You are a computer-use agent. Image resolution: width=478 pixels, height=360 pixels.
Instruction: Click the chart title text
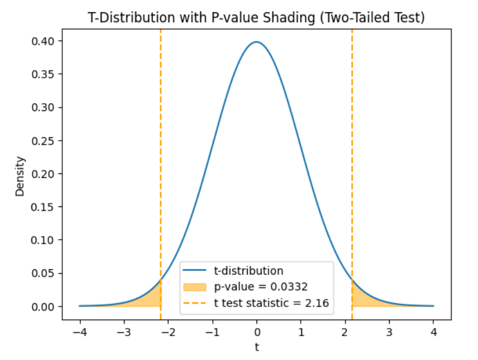point(256,18)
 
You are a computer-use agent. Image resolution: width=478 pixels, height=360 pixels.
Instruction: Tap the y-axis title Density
point(20,175)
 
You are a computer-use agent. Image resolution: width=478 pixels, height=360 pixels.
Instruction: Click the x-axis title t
point(256,347)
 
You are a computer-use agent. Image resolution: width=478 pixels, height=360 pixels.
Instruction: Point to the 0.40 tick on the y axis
point(42,41)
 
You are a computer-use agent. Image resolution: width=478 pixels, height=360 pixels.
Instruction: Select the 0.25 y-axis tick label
point(42,141)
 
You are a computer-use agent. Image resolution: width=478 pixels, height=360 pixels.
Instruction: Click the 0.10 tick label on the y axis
point(42,240)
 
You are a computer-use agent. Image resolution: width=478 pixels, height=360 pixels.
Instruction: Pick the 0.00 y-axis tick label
point(42,306)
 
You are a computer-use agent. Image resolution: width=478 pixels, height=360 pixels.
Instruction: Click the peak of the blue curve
point(256,42)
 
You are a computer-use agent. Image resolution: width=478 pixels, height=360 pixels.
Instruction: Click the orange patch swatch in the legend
point(194,287)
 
